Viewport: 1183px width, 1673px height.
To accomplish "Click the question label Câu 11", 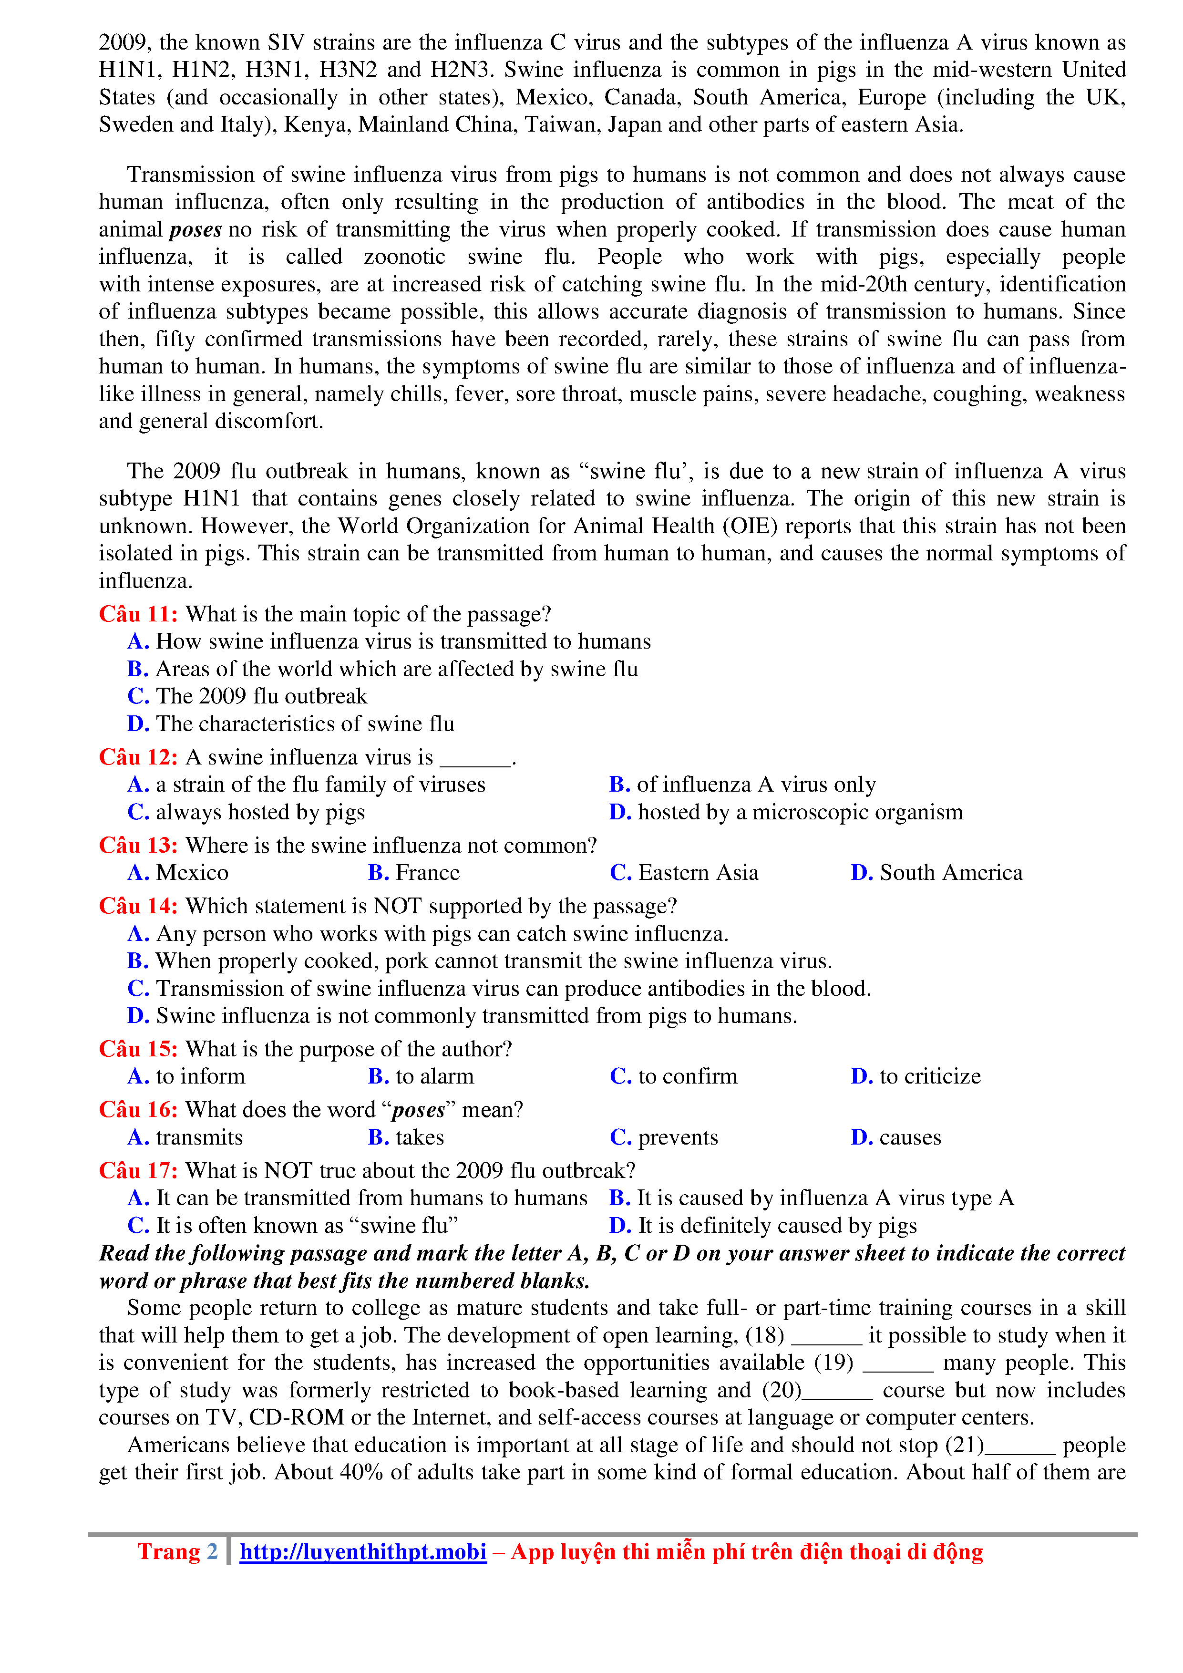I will tap(138, 614).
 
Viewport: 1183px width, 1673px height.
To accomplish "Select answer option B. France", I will tap(414, 873).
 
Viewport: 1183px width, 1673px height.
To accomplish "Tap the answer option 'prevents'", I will tap(664, 1138).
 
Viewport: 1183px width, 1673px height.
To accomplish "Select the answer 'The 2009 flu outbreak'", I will tap(247, 697).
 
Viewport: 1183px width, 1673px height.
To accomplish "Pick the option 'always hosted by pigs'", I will tap(246, 813).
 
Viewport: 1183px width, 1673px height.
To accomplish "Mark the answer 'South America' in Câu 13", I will tap(937, 873).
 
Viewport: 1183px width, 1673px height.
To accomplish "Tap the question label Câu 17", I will tap(138, 1171).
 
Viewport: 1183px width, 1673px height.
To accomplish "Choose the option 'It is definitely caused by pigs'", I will tap(763, 1226).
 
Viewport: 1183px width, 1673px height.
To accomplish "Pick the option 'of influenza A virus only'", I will tap(742, 785).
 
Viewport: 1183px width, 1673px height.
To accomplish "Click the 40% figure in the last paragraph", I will tap(361, 1473).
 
